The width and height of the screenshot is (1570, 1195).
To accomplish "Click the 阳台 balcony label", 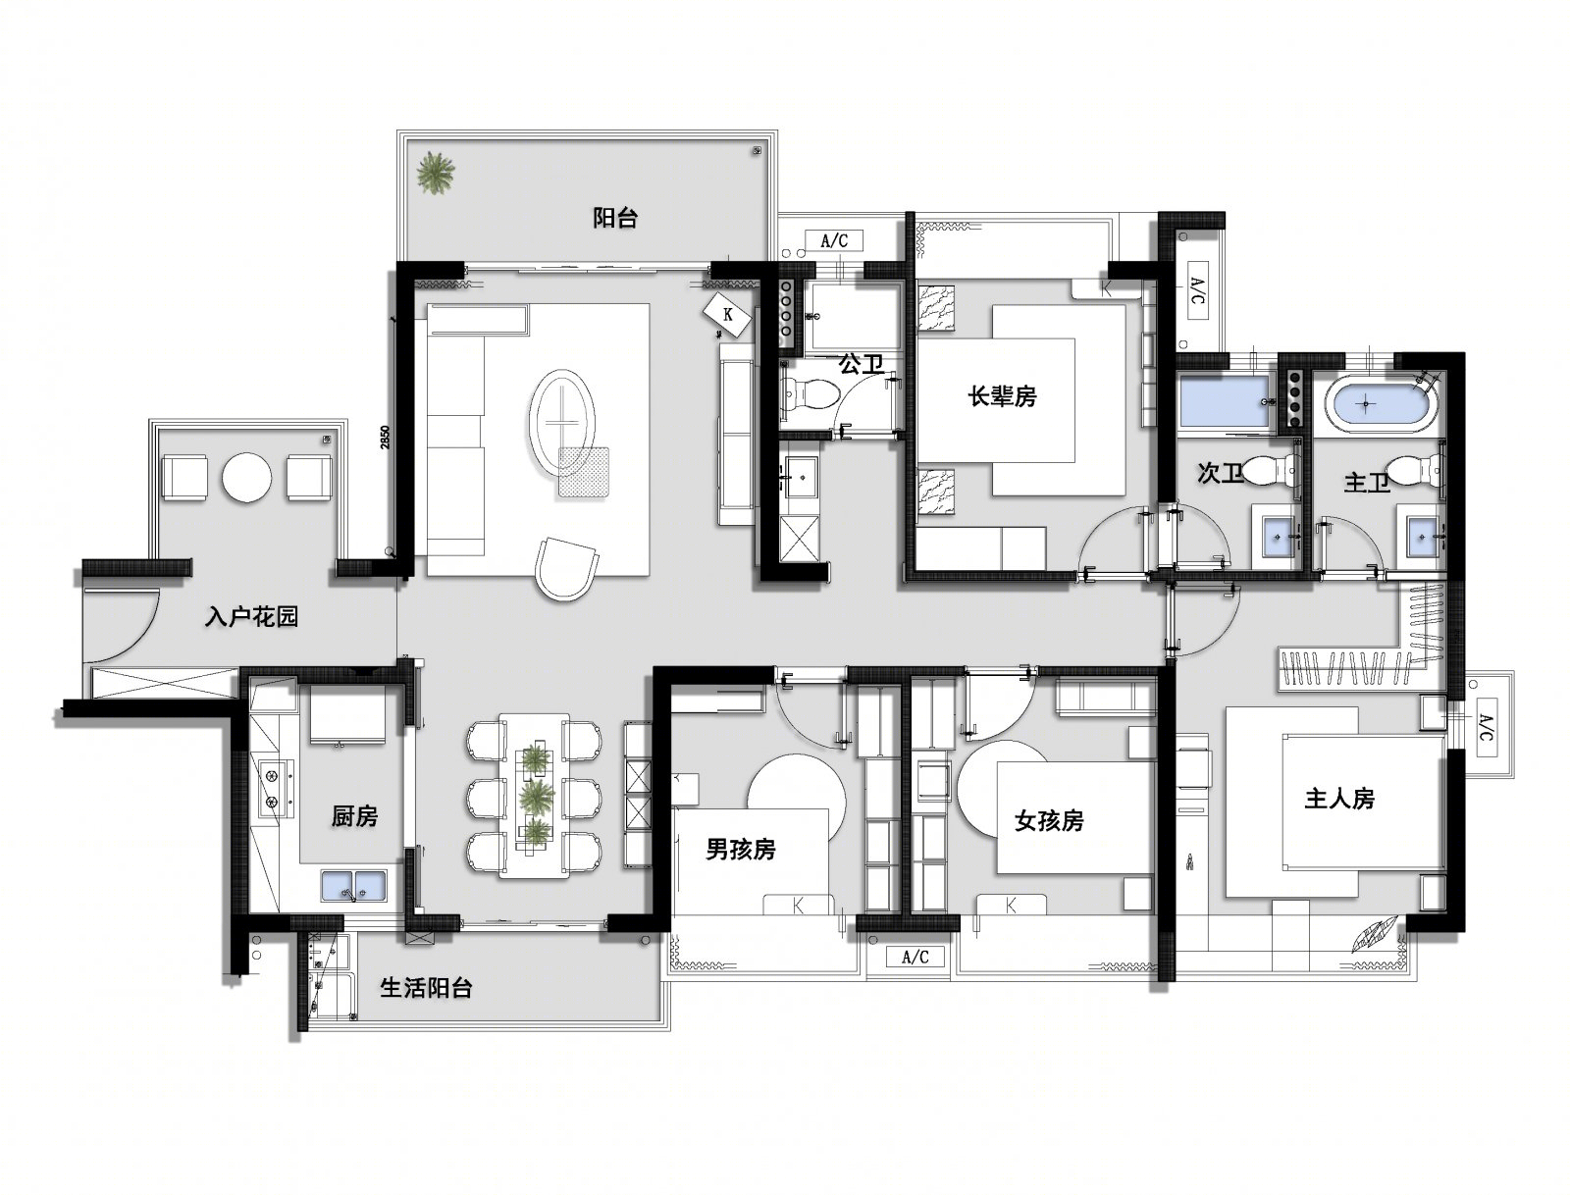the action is [x=614, y=218].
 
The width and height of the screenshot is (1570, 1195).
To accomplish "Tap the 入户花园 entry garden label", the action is [x=250, y=616].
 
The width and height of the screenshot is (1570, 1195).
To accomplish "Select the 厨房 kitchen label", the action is [x=355, y=816].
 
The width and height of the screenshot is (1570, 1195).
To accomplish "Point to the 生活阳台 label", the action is [x=426, y=988].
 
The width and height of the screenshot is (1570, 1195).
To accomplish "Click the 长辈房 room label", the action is [x=1002, y=396].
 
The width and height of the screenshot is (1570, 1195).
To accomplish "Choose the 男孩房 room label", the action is [x=740, y=849].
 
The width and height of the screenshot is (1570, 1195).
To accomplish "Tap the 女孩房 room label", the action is [x=1049, y=820].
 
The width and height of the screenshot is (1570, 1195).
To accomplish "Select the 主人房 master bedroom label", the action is [x=1339, y=798].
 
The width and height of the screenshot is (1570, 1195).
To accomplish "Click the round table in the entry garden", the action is [x=246, y=477].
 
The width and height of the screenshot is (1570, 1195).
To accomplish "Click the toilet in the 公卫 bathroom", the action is [x=810, y=393].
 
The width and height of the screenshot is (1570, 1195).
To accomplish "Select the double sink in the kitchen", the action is [x=353, y=885].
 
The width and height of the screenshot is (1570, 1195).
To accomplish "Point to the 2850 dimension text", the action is [x=385, y=437].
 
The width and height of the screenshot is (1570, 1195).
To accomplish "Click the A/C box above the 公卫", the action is [x=833, y=240].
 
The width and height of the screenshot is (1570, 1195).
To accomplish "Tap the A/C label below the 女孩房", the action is [x=915, y=957].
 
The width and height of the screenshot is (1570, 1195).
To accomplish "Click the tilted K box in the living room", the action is [x=728, y=315].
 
